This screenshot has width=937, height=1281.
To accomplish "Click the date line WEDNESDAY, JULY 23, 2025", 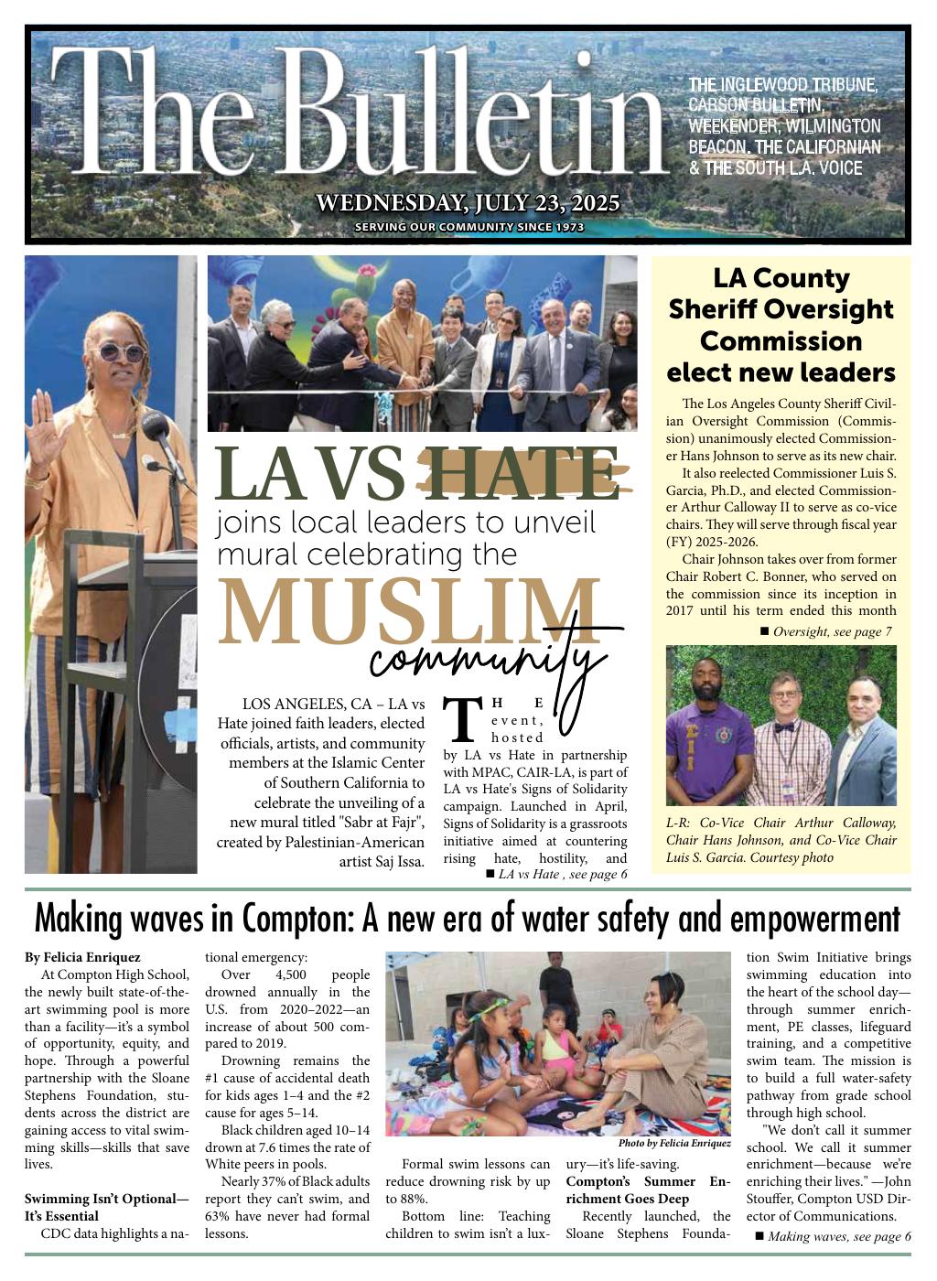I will (x=468, y=203).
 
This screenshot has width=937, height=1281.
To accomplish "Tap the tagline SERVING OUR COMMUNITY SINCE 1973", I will (x=468, y=227).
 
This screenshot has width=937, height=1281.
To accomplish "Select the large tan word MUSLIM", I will (x=408, y=613).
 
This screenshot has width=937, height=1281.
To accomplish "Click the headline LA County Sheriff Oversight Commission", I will (x=781, y=325).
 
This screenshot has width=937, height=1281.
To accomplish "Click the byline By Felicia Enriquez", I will (x=82, y=957).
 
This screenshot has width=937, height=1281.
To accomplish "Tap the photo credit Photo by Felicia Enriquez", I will (x=674, y=1143).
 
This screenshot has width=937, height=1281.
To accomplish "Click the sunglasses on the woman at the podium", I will (x=121, y=352).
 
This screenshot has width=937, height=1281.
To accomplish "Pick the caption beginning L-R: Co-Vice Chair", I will (x=781, y=840).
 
